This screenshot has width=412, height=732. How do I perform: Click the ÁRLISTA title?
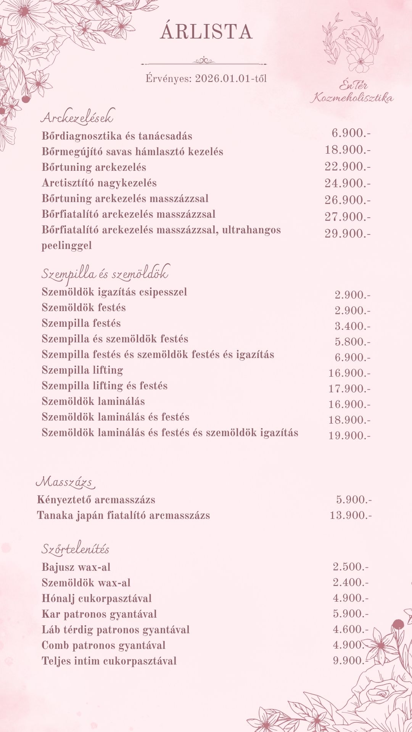(x=206, y=32)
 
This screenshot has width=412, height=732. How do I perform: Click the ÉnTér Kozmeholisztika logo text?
(x=351, y=93)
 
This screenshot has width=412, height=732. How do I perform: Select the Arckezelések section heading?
(x=77, y=117)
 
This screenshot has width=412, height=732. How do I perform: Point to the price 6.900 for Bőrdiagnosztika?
(x=351, y=133)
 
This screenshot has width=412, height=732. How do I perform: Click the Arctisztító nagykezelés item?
(x=99, y=183)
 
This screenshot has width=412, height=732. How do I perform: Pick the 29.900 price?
(x=347, y=233)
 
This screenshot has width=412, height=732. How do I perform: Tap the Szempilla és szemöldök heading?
(x=105, y=274)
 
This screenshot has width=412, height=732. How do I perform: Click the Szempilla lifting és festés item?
(x=105, y=386)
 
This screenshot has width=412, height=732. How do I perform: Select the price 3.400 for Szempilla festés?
(x=352, y=326)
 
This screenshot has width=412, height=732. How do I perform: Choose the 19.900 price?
(x=349, y=435)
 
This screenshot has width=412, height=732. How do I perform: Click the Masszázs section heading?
(x=65, y=482)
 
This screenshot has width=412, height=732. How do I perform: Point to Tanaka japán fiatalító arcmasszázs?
(x=123, y=515)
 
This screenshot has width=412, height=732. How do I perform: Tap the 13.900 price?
(x=350, y=515)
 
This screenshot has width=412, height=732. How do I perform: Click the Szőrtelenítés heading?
(x=75, y=549)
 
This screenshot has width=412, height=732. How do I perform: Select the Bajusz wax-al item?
(x=76, y=567)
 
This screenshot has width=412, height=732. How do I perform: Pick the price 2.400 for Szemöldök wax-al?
(x=350, y=583)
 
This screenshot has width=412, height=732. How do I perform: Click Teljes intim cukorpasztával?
(x=109, y=661)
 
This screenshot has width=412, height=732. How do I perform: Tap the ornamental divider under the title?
(x=204, y=61)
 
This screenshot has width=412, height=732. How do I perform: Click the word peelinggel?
(x=67, y=246)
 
